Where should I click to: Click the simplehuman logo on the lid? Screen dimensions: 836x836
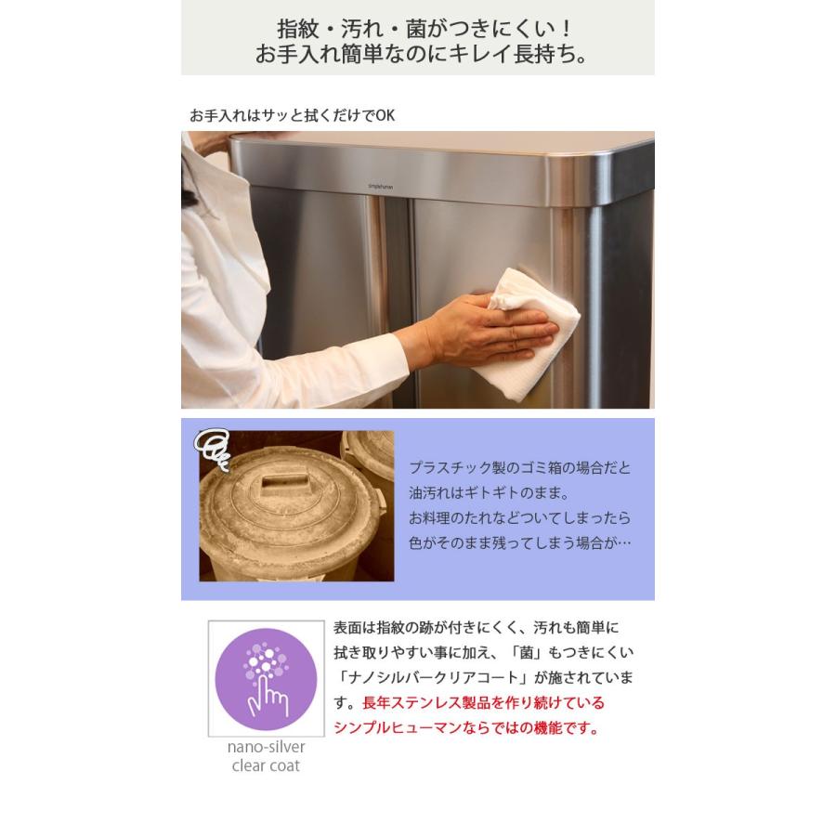(382, 185)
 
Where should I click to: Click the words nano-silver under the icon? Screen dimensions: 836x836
(266, 747)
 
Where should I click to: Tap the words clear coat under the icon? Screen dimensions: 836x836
(266, 765)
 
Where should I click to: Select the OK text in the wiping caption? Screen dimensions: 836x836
(385, 115)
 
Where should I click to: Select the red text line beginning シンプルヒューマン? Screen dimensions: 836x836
(466, 728)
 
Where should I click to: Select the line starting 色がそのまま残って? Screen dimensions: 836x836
(519, 542)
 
